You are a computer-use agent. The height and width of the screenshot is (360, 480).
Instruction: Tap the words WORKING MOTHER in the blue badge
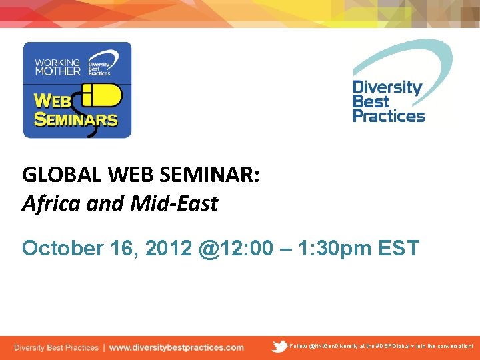57,67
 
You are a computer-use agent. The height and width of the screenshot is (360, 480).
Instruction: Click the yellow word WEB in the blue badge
53,101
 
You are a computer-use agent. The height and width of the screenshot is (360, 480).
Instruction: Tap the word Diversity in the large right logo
387,87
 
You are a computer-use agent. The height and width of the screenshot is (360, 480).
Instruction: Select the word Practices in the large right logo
388,116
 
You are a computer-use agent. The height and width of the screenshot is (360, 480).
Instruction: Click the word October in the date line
60,249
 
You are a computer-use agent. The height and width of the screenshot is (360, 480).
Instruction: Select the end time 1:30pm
333,249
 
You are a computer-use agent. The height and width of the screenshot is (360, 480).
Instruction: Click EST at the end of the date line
398,249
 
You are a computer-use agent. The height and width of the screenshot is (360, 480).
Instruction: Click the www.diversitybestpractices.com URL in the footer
176,347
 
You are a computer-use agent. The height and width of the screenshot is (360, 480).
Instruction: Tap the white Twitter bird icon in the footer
280,346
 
